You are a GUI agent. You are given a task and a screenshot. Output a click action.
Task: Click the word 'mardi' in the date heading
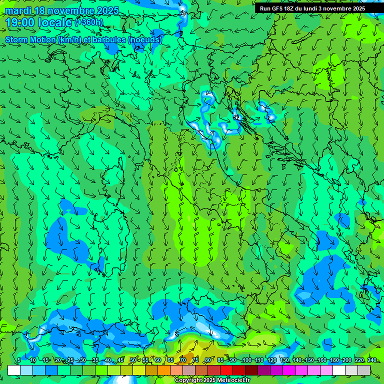[16, 10]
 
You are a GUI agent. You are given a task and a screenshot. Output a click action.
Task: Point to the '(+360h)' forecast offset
[89, 22]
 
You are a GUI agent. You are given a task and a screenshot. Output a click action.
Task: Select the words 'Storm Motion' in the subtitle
[30, 39]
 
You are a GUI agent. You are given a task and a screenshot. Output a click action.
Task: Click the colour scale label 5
[19, 360]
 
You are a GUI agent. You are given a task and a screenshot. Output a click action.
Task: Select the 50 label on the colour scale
[132, 360]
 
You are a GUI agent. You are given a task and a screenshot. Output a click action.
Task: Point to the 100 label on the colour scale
[246, 360]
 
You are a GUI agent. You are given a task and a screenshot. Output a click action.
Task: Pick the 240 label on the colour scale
[371, 360]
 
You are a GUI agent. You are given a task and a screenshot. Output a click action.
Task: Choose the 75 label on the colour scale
[195, 360]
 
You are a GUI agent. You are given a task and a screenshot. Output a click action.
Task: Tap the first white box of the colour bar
[14, 370]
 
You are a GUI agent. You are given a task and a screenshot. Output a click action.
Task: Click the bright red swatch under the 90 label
[226, 370]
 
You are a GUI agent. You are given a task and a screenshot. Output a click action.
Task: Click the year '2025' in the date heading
[106, 10]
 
